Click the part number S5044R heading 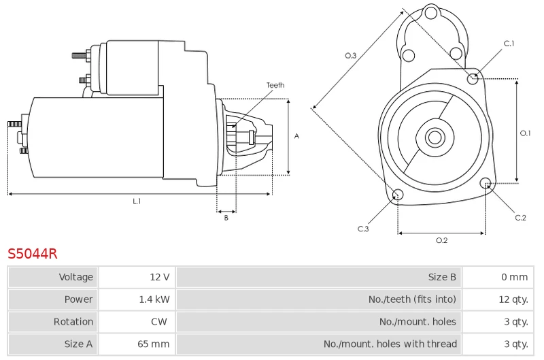tap(32, 254)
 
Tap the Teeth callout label tap(275, 85)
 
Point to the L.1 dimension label tap(137, 201)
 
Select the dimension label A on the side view tap(296, 136)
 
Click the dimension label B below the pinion tap(226, 218)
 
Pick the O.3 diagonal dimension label tap(350, 56)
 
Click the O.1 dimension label tap(525, 133)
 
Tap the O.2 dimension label tap(441, 240)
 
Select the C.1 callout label tap(509, 44)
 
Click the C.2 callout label tap(520, 218)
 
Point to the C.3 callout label tap(363, 229)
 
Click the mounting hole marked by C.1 tap(472, 79)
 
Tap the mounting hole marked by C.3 tap(398, 195)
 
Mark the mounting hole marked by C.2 tap(486, 183)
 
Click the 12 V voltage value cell tap(137, 277)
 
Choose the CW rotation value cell tap(137, 321)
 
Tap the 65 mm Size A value tap(154, 344)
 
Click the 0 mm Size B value tap(515, 277)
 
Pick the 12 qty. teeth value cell tap(498, 299)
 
